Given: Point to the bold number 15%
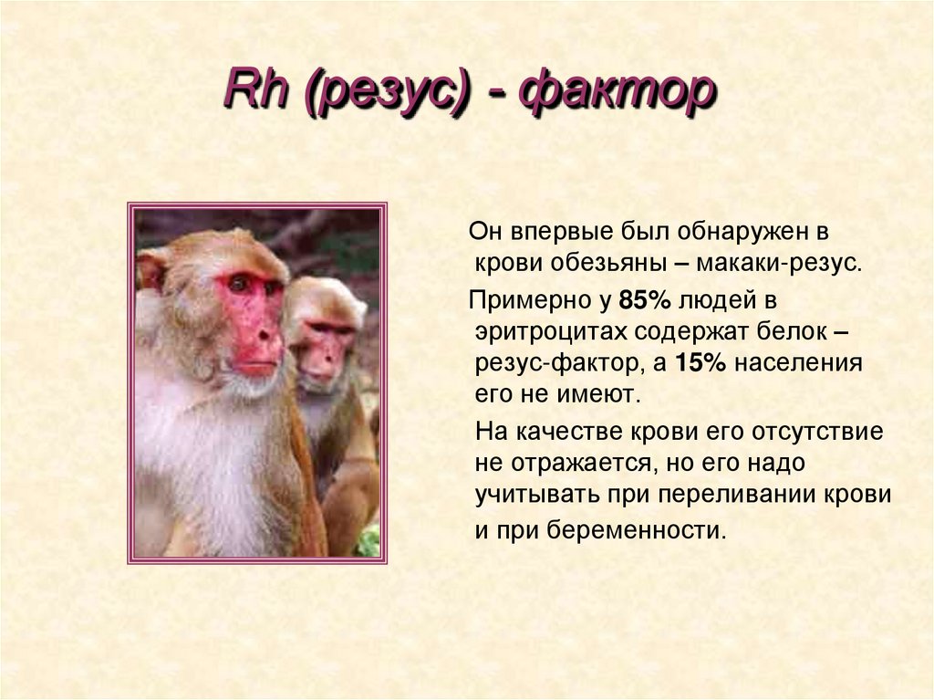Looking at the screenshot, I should click(x=700, y=363).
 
